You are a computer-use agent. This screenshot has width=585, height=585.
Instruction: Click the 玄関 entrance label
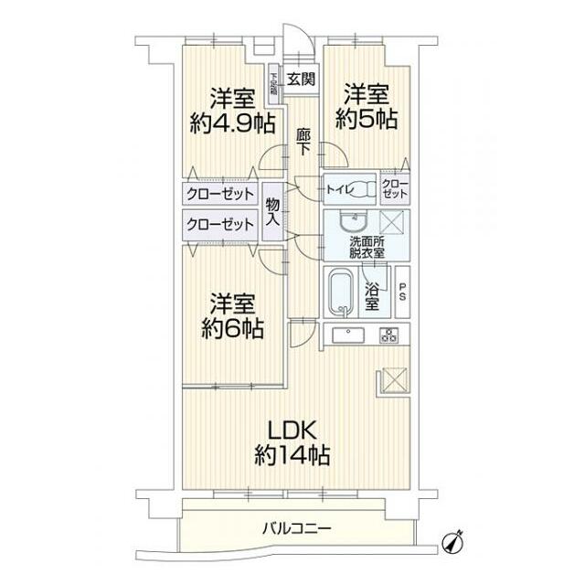pos(299,80)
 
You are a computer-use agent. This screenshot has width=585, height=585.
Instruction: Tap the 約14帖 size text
pos(292,454)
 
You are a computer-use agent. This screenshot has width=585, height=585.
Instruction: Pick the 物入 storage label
pos(272,213)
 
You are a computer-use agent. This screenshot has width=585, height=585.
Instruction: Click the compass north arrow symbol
pos(454,541)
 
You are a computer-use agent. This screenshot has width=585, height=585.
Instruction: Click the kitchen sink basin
pos(349,335)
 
